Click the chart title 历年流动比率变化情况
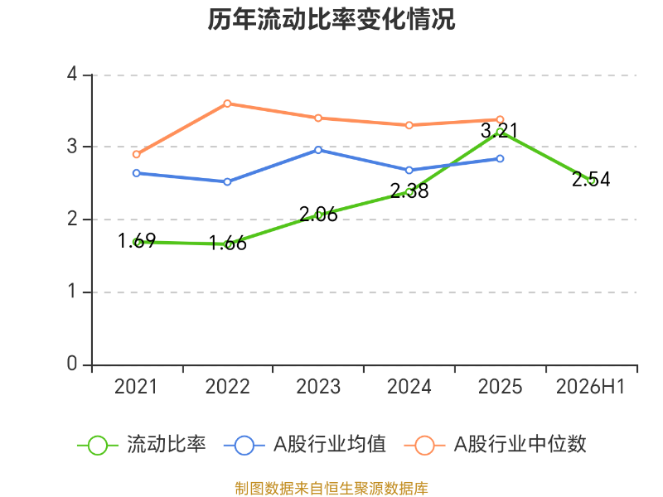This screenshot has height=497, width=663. (331, 19)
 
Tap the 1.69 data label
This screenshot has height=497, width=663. (137, 241)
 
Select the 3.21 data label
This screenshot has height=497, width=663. (500, 131)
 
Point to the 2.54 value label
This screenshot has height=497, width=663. (591, 179)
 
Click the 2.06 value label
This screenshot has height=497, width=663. (318, 215)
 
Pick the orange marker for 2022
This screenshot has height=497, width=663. (227, 104)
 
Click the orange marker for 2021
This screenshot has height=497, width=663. (136, 155)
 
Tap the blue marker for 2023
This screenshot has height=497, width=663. (318, 150)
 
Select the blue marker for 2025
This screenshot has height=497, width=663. (500, 158)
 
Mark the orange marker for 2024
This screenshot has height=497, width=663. (409, 125)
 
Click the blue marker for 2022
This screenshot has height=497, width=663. (227, 181)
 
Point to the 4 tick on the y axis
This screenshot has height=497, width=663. (72, 75)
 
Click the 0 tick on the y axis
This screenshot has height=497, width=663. (72, 364)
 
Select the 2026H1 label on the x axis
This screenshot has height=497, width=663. (591, 387)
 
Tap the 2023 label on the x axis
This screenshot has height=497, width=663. (318, 387)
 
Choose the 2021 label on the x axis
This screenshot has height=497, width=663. (136, 387)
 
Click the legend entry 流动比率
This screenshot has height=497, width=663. (142, 445)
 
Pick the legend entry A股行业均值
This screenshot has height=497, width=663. (305, 445)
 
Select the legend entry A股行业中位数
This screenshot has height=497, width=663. (495, 445)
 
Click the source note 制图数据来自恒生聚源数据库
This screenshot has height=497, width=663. (331, 489)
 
